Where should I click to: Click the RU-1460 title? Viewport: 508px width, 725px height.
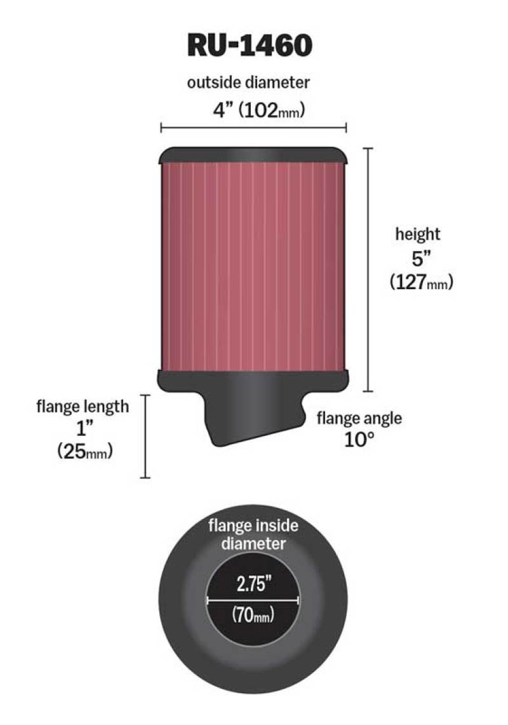point(250,45)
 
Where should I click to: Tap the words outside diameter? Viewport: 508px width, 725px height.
point(248,83)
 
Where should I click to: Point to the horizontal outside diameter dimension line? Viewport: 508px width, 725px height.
point(253,128)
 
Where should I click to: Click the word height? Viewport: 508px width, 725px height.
point(418,234)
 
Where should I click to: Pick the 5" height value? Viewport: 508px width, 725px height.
point(417,259)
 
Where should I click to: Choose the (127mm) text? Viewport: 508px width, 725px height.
point(421,283)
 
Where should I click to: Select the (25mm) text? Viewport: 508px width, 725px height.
point(84,452)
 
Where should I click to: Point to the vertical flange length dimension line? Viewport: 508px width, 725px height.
point(147,436)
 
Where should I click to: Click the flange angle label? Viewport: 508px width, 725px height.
point(359,418)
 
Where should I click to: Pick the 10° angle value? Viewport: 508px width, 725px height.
point(357,440)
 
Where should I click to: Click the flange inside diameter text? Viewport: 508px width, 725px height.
point(253,534)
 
